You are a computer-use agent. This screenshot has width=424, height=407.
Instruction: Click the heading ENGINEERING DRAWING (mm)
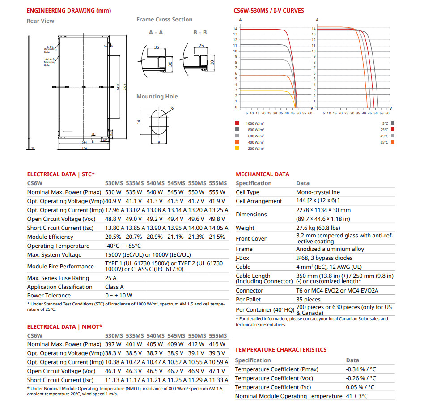coord(69,10)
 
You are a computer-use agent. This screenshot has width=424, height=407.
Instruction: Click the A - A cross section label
coord(156,33)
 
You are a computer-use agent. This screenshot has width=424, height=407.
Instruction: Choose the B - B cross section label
coord(200,33)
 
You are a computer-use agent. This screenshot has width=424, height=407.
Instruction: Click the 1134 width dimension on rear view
coord(83,148)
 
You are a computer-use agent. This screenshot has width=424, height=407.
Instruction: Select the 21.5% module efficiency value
coord(218,237)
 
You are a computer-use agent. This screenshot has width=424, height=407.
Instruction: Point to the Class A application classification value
coord(114,287)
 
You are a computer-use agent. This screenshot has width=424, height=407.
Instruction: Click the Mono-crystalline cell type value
coord(318,192)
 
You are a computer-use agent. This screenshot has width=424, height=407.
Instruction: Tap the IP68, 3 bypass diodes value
coord(324,258)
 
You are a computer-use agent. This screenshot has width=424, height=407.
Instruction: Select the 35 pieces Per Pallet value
coord(308,299)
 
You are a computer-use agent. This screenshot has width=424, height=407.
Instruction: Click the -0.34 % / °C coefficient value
coord(361,369)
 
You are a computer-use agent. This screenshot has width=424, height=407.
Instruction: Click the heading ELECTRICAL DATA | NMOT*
coord(65,327)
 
